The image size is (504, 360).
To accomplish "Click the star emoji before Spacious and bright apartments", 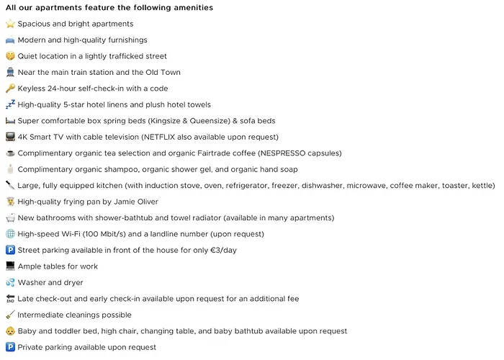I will [x=10, y=24].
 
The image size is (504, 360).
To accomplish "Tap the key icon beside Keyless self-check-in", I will [x=10, y=89].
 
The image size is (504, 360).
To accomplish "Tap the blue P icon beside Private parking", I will [x=10, y=347].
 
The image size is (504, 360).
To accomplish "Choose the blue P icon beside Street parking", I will [x=10, y=250].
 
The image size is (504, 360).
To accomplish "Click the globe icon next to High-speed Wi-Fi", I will [x=10, y=234].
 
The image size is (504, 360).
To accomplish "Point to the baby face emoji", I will [x=10, y=331].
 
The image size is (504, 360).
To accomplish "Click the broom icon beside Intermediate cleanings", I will [x=10, y=315].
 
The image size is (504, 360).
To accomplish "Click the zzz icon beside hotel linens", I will [x=10, y=104].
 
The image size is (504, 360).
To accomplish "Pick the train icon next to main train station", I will [x=10, y=72].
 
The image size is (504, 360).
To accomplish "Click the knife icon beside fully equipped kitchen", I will [x=10, y=185].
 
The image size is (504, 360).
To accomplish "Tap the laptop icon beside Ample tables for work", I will [x=10, y=266].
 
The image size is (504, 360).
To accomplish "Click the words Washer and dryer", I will [x=50, y=282].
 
